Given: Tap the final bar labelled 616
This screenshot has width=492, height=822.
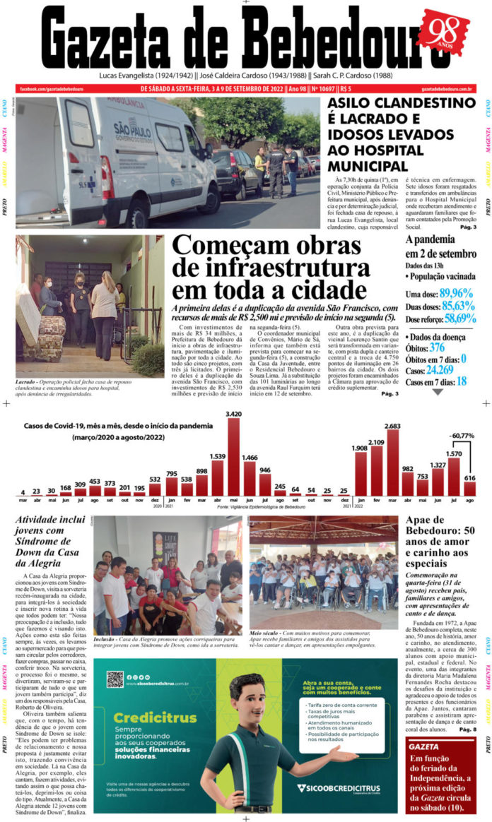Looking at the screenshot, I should click(469, 488).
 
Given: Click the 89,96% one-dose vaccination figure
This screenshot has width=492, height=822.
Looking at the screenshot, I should click(456, 293).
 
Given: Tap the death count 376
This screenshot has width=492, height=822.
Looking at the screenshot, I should click(437, 347).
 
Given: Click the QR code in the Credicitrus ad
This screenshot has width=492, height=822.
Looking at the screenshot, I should click(115, 679).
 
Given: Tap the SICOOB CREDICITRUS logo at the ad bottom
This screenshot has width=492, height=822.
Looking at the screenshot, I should click(339, 788).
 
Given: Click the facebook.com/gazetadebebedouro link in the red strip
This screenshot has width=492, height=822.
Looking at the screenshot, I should click(52, 89).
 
